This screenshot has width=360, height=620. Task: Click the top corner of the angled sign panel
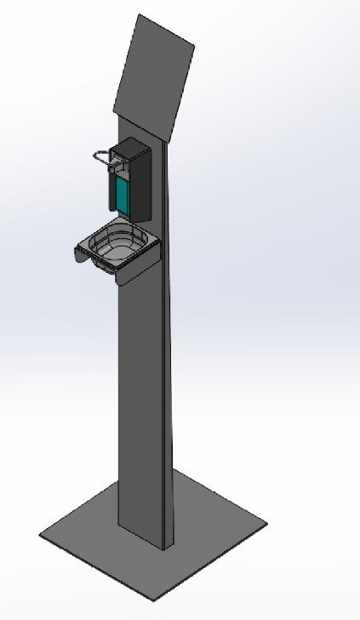click(x=139, y=15)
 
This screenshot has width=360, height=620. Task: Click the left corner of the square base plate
click(x=41, y=535)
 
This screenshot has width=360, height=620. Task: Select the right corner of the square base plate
click(x=266, y=525)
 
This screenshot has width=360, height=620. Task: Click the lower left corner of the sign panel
click(x=115, y=110)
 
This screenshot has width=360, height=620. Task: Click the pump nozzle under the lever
click(x=111, y=169)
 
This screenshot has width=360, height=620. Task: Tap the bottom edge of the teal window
click(x=122, y=213)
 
